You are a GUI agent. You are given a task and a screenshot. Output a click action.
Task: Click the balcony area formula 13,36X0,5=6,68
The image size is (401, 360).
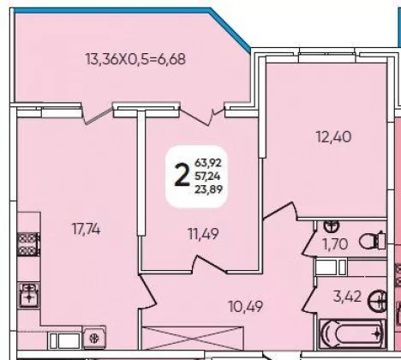135,59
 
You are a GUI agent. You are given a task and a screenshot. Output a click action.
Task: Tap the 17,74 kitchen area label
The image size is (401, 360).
86,229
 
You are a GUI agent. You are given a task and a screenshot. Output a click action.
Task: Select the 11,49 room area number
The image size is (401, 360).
203,234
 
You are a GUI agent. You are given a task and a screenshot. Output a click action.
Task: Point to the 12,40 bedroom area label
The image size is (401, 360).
333,136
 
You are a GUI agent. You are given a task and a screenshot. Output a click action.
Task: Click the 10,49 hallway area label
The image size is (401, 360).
246,307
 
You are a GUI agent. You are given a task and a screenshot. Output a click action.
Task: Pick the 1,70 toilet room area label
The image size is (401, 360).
335,244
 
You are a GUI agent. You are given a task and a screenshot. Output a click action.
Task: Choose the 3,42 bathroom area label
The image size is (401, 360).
347,297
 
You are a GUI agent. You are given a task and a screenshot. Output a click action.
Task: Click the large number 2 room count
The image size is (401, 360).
183,176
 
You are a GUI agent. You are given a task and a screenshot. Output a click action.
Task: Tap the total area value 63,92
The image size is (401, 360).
208,163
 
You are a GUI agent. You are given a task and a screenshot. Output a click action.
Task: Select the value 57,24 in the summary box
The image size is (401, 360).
207,177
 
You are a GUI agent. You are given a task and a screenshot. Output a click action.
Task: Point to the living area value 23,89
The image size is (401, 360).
208,189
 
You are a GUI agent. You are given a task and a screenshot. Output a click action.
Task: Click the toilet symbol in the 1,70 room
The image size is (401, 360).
372,241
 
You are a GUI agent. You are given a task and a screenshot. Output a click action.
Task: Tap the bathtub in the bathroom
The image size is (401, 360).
352,333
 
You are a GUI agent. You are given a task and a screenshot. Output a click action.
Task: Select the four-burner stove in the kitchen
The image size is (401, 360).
28,244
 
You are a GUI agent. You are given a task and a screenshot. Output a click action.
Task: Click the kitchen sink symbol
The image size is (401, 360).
28,295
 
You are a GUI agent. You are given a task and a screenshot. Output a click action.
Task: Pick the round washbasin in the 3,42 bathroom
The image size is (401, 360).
377,301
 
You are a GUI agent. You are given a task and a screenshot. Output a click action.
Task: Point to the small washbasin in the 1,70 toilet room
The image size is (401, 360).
332,225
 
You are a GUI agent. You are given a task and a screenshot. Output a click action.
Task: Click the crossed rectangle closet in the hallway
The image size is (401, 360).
193,339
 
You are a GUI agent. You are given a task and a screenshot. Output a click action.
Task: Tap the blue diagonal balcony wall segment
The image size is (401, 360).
230,30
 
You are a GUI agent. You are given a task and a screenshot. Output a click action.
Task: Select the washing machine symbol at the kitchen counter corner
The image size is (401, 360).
94,338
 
